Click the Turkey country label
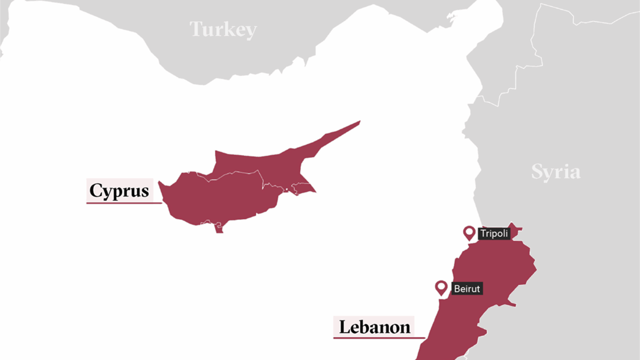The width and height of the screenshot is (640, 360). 223,29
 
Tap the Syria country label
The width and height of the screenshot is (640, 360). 556,172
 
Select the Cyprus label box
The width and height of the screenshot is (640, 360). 120,190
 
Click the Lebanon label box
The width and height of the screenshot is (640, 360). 374,327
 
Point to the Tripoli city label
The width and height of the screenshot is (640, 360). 494,233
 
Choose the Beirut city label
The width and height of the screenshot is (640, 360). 467,289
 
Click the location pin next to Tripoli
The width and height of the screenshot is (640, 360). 469,233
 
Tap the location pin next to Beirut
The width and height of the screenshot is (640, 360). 441,287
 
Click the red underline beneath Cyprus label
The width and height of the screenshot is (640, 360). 124,203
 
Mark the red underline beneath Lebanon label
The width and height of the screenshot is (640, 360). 379,338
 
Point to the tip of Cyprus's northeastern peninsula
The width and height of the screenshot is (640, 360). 359,122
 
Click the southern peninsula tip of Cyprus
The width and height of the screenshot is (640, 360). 219,231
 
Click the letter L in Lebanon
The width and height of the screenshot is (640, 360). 345,327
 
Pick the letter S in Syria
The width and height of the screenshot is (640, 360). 537,172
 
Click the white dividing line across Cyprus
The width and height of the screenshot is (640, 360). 233,173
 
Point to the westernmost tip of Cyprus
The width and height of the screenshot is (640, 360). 159,183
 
